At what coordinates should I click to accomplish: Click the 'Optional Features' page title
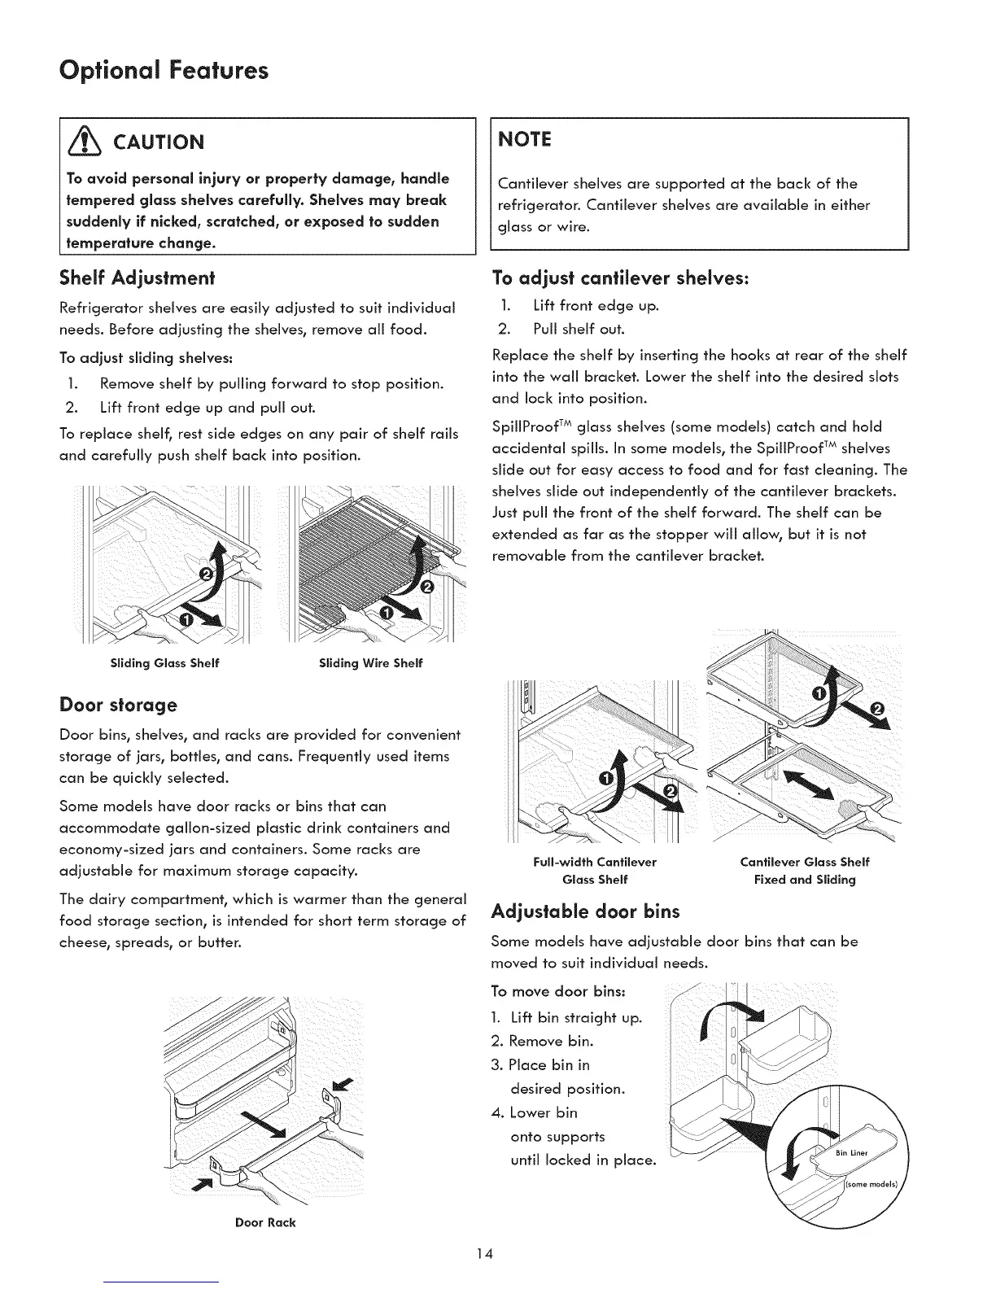(164, 71)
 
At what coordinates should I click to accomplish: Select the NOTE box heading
(523, 139)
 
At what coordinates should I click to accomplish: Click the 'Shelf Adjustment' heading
(136, 279)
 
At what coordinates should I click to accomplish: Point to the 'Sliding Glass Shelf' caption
(165, 663)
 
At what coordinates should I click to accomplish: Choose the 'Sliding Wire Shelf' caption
(370, 663)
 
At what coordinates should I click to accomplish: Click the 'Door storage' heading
(118, 703)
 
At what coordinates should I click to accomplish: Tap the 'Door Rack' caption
(265, 1222)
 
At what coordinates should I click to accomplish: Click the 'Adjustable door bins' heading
(586, 911)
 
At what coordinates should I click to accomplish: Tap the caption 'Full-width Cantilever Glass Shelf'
(595, 871)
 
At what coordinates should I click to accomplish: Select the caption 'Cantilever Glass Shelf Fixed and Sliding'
(804, 871)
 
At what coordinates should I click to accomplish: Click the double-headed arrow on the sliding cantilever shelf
(814, 786)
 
